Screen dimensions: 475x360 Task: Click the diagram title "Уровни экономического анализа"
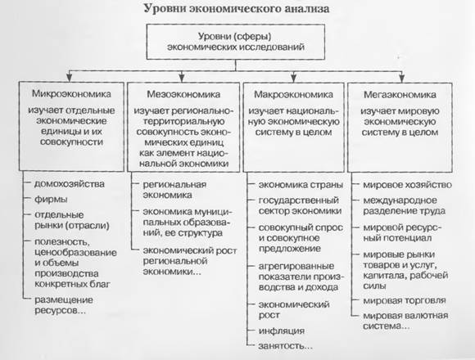pos(237,8)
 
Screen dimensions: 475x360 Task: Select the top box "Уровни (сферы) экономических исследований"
pos(236,42)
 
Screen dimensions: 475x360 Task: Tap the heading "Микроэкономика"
pos(71,94)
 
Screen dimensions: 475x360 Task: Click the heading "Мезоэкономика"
pos(183,94)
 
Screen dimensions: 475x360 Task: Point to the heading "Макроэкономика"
pos(293,94)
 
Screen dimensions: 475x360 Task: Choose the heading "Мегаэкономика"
pos(400,95)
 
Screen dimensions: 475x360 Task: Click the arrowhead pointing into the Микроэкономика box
pos(70,78)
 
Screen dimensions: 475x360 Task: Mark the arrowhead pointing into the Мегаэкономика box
pos(401,78)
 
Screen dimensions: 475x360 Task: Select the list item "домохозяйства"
pos(70,183)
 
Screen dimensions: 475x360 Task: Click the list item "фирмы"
pos(51,200)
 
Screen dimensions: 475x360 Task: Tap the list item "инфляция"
pos(282,331)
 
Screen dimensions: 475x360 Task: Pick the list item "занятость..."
pos(285,346)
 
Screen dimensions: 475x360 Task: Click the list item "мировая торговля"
pos(405,300)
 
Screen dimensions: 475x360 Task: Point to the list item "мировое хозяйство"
pos(408,185)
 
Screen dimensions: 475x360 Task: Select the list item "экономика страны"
pos(301,185)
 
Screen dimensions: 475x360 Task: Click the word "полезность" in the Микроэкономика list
pos(61,242)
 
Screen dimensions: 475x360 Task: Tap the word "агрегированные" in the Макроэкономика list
pos(296,266)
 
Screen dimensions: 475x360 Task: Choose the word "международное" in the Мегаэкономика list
pos(400,200)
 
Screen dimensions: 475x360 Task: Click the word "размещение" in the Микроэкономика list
pos(64,300)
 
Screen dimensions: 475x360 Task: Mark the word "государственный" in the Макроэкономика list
pos(298,200)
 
